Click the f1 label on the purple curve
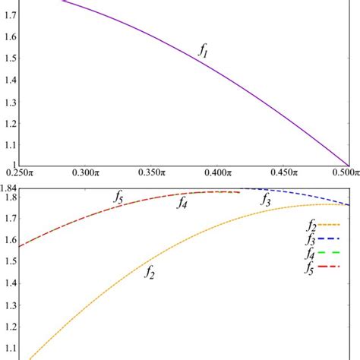204,52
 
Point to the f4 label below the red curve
183,203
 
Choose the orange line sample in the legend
329,225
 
